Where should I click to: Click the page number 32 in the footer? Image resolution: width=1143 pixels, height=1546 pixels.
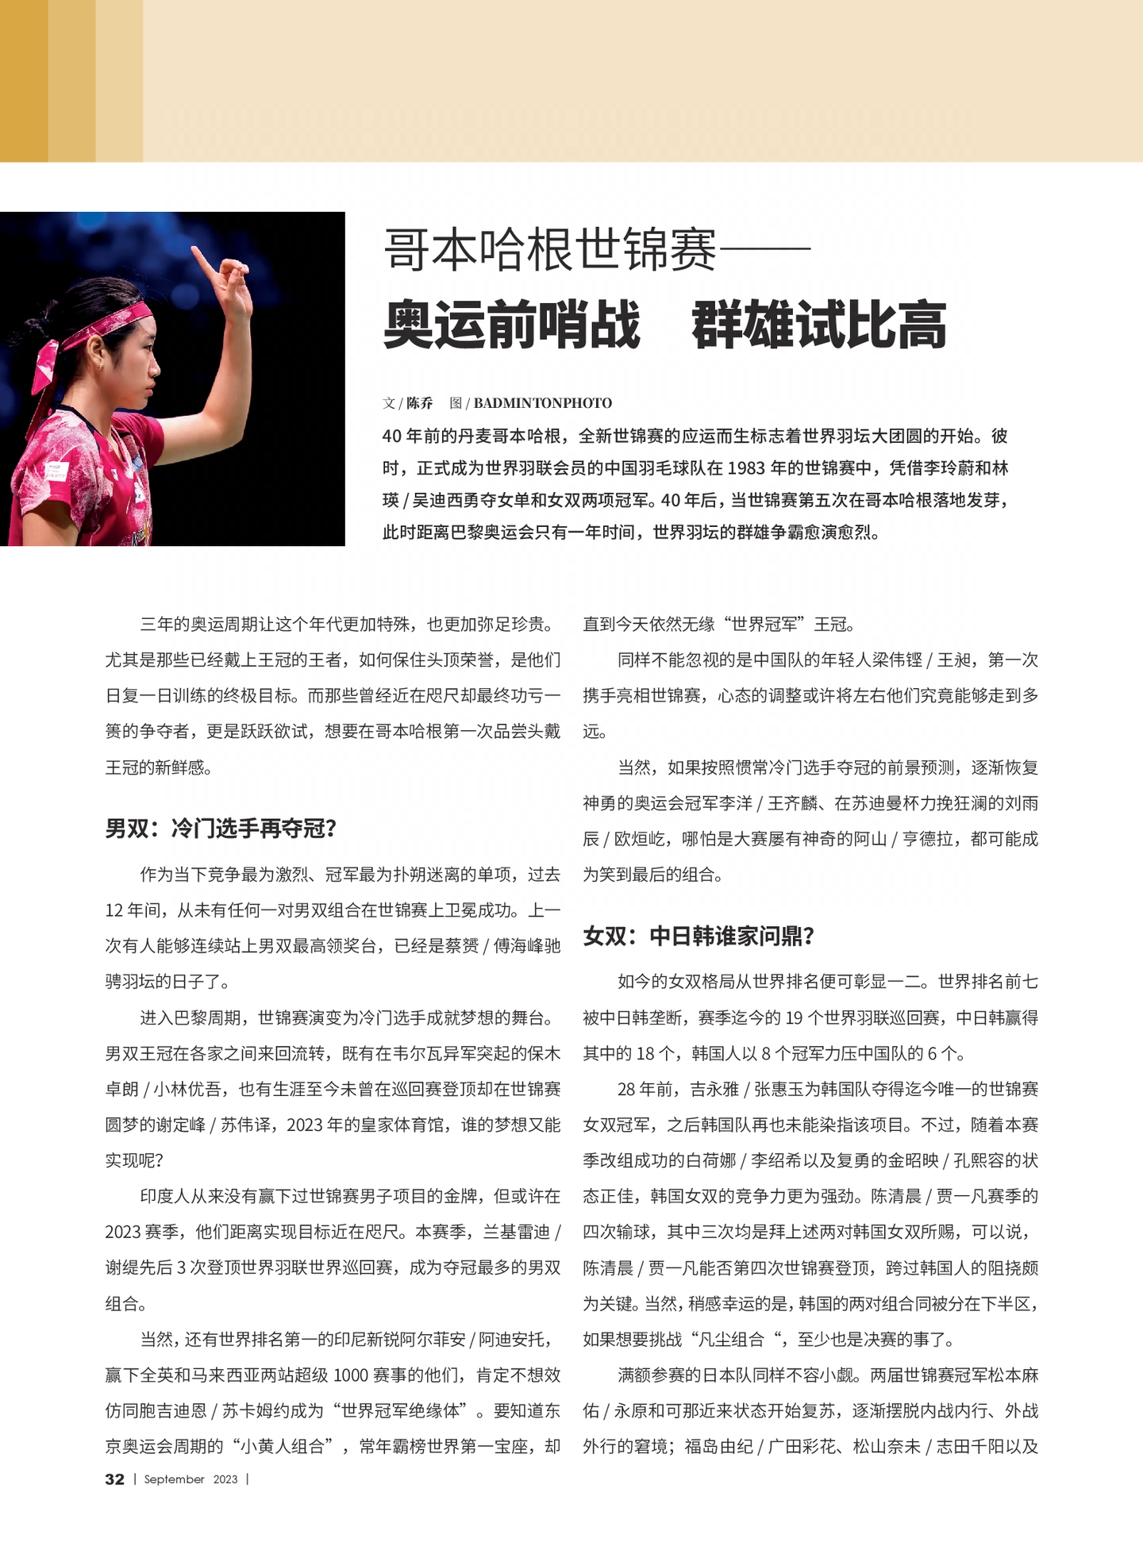click(114, 1479)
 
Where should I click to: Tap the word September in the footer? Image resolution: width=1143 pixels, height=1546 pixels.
click(174, 1479)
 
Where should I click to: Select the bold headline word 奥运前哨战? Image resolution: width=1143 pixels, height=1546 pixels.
click(511, 325)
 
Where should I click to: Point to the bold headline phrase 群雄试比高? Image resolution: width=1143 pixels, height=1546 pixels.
click(818, 325)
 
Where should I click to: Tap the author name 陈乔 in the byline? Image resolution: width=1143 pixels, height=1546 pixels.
click(419, 403)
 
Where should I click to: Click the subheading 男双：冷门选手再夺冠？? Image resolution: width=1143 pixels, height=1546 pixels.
click(221, 829)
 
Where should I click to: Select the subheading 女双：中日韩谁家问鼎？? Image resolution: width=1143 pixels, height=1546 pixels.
click(699, 936)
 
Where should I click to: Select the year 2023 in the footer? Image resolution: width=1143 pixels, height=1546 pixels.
click(225, 1479)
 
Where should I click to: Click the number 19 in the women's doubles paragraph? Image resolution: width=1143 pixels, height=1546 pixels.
click(795, 1018)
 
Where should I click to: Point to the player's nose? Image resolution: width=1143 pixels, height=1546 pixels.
click(156, 369)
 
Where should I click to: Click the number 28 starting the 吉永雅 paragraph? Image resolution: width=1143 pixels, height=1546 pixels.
click(627, 1090)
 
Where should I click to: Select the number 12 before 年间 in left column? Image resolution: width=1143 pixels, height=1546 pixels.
click(114, 910)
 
